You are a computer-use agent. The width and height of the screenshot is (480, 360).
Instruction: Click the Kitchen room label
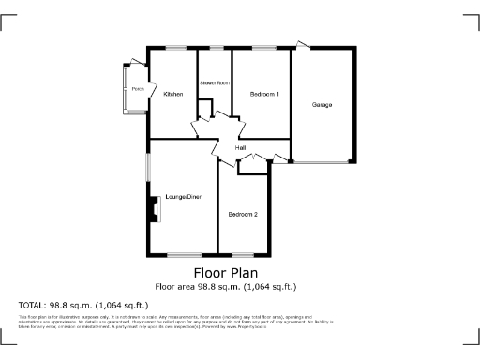[x=172, y=94]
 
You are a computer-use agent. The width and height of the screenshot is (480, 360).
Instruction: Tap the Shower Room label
[x=214, y=83]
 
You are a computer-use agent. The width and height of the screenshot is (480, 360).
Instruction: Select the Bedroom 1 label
[x=264, y=95]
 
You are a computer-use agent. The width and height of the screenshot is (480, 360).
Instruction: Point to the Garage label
[x=322, y=104]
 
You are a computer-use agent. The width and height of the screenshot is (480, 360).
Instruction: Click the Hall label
[x=240, y=148]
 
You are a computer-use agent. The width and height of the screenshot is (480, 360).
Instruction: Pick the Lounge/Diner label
[x=183, y=197]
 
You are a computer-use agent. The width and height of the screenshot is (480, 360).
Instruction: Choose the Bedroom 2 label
[x=243, y=215]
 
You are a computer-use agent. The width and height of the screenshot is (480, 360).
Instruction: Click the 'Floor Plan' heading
[x=239, y=273]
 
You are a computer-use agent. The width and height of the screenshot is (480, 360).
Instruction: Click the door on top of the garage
[x=303, y=44]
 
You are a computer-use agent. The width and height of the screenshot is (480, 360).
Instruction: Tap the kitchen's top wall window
[x=174, y=48]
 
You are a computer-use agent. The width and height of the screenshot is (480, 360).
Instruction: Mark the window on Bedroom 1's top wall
[x=263, y=48]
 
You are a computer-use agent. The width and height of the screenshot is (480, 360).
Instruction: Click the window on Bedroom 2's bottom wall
[x=243, y=255]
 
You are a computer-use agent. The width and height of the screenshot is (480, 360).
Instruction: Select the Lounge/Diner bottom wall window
[x=183, y=255]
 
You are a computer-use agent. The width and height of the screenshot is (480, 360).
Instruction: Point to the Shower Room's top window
[x=216, y=48]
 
